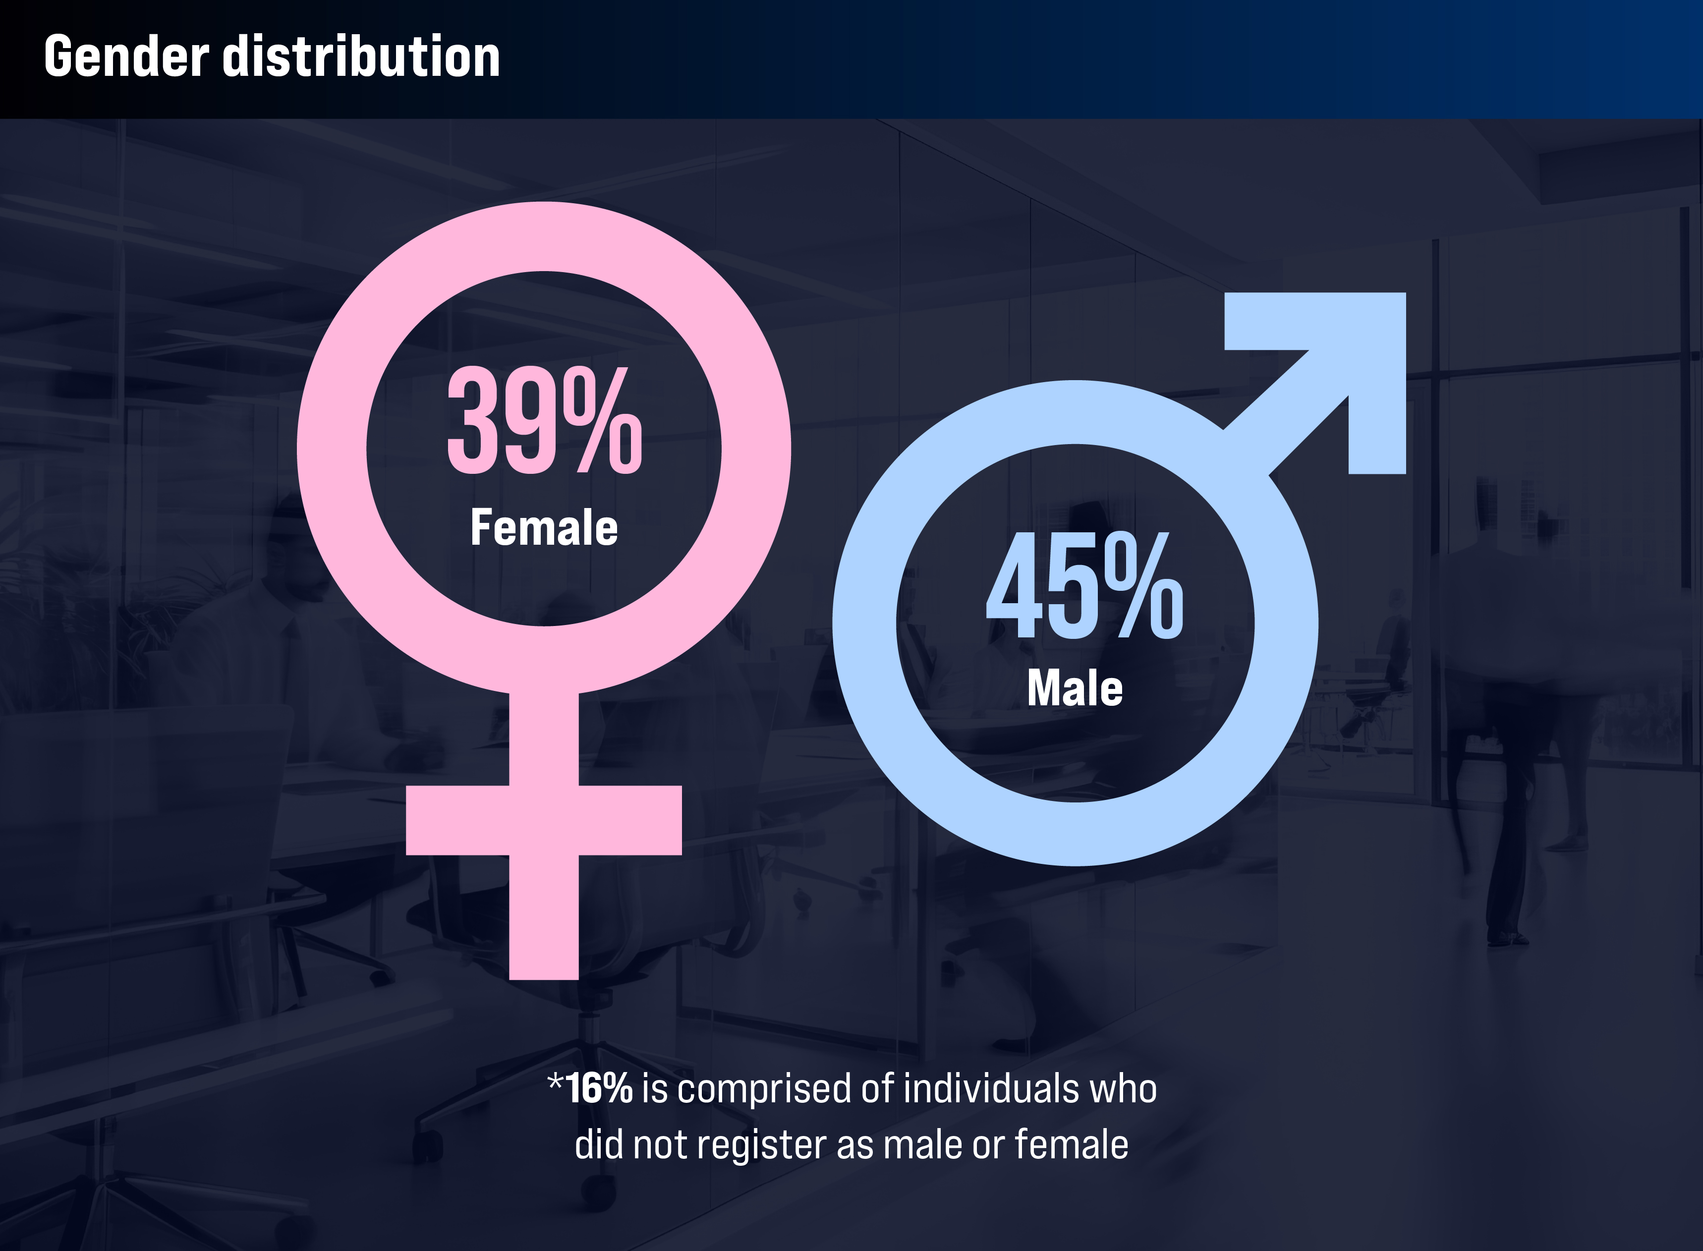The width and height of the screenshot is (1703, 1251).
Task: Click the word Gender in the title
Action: point(126,57)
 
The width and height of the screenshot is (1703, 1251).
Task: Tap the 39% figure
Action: point(544,420)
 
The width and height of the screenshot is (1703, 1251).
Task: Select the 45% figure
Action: point(1084,584)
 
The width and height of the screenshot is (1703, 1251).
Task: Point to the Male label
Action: point(1075,688)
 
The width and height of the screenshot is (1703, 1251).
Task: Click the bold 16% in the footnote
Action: point(599,1088)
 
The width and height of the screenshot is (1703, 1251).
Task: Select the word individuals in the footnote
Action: point(991,1088)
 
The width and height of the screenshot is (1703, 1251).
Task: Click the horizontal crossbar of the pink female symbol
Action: point(544,820)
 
